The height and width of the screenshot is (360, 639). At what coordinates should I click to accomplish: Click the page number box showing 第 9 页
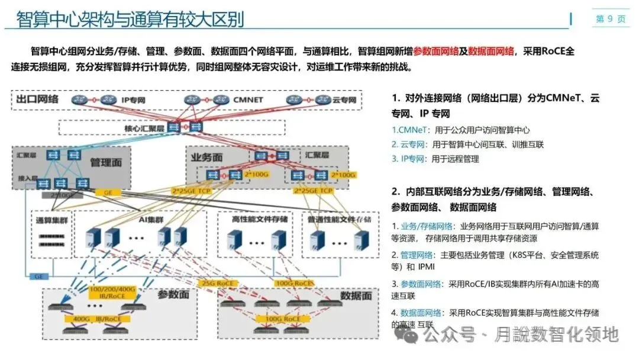tap(610, 19)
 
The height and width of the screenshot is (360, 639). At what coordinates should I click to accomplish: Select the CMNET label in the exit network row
tap(248, 100)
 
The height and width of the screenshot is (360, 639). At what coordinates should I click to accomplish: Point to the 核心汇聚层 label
tap(144, 128)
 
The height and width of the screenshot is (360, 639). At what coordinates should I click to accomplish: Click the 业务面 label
tap(206, 157)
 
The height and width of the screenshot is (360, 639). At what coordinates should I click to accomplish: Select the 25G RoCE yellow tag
tap(218, 283)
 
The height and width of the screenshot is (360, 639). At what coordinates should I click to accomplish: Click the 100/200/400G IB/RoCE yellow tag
tap(112, 292)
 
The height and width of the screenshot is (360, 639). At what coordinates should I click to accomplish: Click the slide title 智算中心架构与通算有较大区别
tap(130, 19)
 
